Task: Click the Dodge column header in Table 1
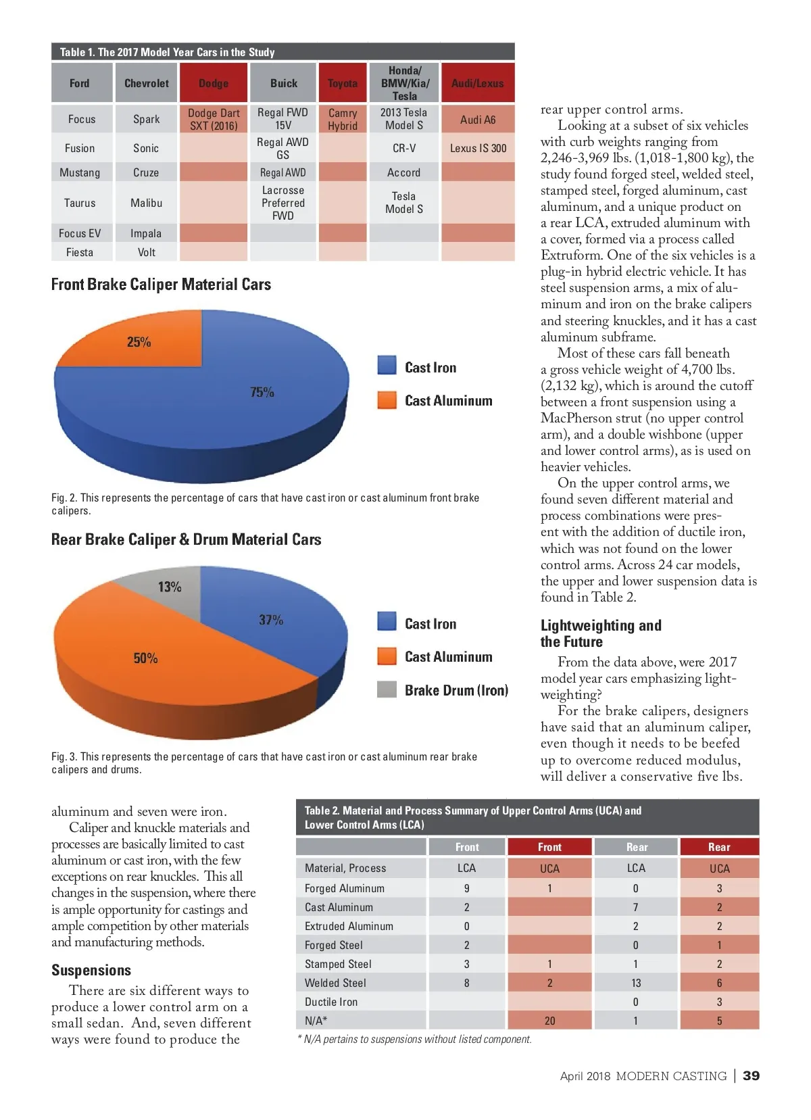tap(214, 83)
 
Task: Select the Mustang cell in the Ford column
tap(80, 172)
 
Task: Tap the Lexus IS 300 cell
tap(478, 148)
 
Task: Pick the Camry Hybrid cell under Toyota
tap(343, 119)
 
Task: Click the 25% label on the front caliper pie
tap(139, 342)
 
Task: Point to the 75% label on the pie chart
tap(262, 392)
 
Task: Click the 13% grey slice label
tap(170, 587)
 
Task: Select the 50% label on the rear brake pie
tap(145, 658)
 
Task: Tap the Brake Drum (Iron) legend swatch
tap(387, 689)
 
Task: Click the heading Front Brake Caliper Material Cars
tap(161, 285)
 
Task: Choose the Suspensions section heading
tap(91, 970)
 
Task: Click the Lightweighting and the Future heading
tap(601, 633)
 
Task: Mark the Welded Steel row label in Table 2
tap(335, 983)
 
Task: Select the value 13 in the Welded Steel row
tap(636, 983)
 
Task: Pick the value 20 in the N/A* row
tap(549, 1021)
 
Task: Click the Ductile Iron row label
tap(331, 1002)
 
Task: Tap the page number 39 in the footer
tap(751, 1075)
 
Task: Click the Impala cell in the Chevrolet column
tap(146, 233)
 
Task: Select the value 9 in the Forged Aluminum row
tap(466, 888)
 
